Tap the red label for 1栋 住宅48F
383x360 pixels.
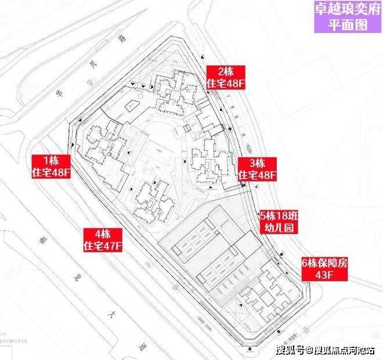51,166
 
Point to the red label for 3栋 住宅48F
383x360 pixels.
256,168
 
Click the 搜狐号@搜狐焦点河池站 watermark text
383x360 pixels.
325,350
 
